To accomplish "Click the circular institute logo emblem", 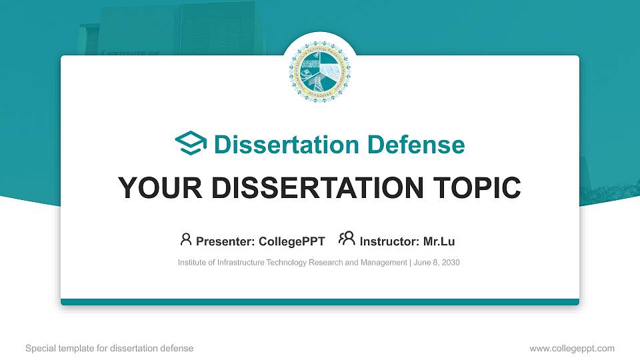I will tap(320, 71).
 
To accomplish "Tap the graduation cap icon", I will tap(191, 144).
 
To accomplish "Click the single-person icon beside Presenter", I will tap(186, 239).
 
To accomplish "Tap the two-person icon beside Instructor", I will tap(347, 239).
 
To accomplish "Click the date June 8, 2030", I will tap(437, 263).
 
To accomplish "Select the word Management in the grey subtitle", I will tap(380, 263).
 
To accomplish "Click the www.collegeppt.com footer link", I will tap(571, 348).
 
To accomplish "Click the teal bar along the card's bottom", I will tap(320, 302).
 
